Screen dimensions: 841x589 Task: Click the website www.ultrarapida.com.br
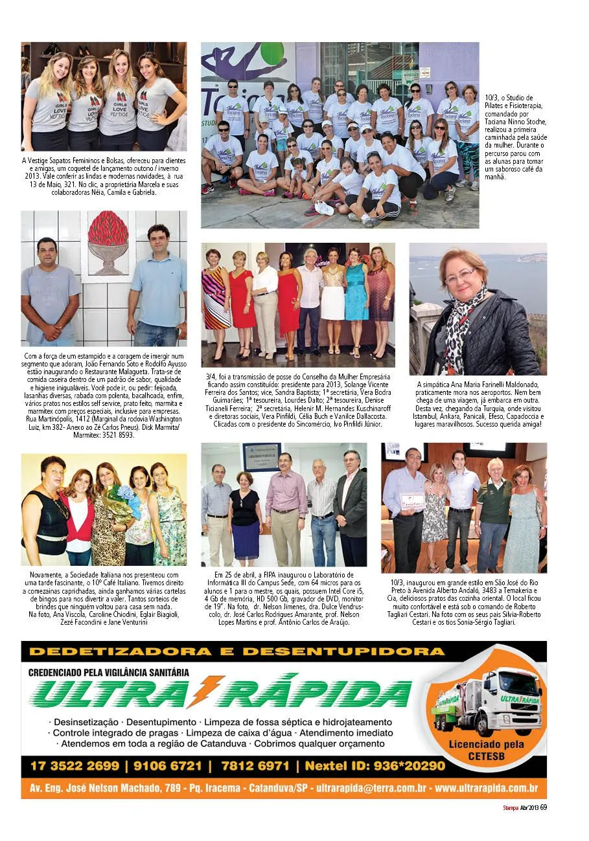click(x=486, y=789)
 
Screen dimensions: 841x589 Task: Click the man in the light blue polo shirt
click(x=158, y=285)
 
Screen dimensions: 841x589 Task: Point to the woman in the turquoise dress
click(x=355, y=301)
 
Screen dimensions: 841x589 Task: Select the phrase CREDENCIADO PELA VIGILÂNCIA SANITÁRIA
click(x=109, y=673)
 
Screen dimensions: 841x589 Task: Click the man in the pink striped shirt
click(x=285, y=505)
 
